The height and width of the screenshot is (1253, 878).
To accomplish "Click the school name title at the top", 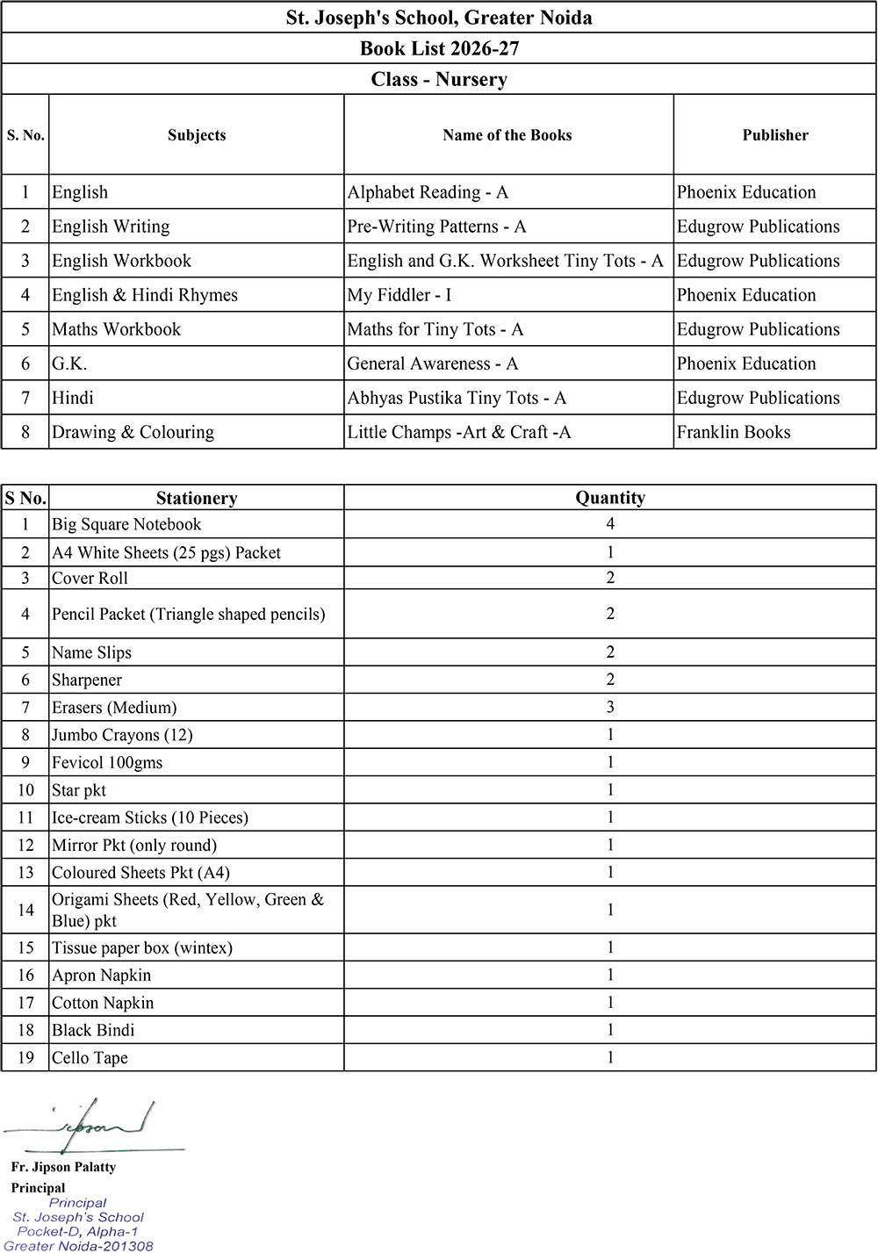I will point(439,18).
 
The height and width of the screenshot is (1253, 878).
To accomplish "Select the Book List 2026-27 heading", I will point(439,48).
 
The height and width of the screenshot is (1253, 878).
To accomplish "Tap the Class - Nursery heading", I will point(439,79).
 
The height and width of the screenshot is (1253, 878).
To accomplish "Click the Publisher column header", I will point(775,135).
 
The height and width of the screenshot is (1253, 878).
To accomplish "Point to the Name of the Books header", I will point(507,135).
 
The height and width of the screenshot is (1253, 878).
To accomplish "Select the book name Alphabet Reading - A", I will point(428,192).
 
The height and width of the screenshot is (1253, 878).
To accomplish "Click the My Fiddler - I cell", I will point(399,295).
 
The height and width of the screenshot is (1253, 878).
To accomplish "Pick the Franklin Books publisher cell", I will point(734,432).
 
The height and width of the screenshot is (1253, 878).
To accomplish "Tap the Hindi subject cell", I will point(73,398).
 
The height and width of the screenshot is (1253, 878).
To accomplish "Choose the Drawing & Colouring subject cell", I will point(133,432).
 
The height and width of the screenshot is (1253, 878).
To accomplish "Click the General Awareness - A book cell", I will point(433,364).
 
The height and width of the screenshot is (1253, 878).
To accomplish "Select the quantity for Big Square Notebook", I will point(610,524).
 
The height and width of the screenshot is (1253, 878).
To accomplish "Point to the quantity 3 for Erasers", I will point(610,707).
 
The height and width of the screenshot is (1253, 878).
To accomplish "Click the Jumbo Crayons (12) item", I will point(122,735).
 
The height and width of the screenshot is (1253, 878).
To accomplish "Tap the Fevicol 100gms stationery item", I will point(107,762).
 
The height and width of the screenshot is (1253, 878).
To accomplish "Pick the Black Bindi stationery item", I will point(93,1030).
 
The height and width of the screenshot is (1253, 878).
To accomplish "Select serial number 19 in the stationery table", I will point(25,1058).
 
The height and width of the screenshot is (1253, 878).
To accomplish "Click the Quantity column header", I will point(610,498).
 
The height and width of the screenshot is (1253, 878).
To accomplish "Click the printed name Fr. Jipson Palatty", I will point(63,1167).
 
